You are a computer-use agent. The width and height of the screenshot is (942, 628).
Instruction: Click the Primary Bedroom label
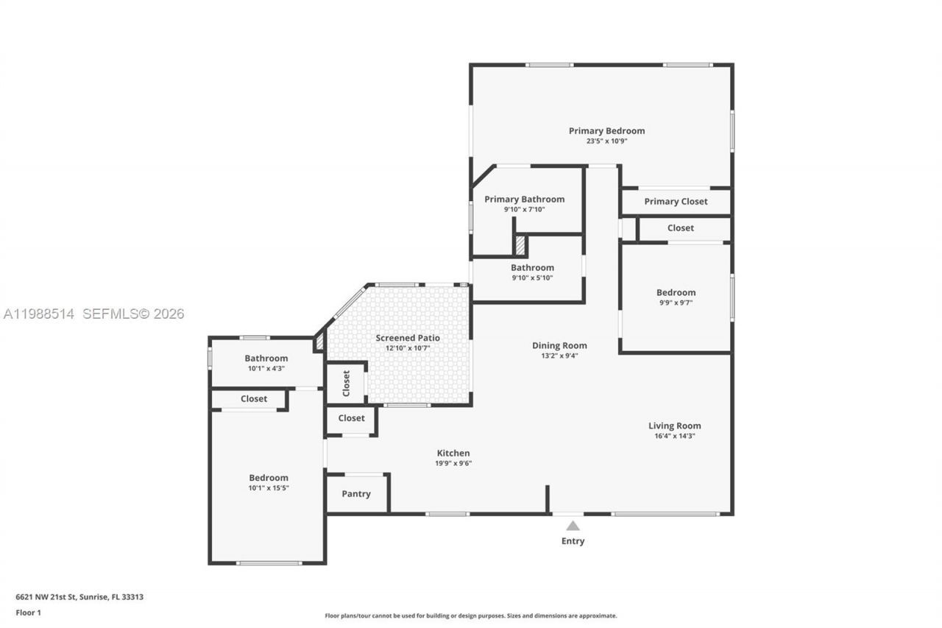click(606, 131)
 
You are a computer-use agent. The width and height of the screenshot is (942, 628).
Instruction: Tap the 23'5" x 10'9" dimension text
click(606, 141)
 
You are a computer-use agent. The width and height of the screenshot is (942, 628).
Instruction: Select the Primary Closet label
click(676, 202)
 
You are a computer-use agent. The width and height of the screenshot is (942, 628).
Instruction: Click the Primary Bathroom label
click(524, 200)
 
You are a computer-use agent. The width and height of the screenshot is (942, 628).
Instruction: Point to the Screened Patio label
click(408, 338)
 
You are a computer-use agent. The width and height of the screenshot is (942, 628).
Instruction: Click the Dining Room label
click(559, 345)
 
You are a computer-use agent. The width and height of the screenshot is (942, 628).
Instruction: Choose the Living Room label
click(674, 426)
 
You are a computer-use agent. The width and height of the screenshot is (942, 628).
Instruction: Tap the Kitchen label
click(453, 454)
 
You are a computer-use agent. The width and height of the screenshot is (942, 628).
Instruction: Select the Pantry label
click(356, 494)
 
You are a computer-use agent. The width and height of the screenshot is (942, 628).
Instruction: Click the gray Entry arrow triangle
click(573, 526)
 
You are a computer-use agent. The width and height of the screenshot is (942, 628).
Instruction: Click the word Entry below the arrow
click(573, 541)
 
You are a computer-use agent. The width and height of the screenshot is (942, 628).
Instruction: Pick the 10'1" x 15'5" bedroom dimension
click(268, 487)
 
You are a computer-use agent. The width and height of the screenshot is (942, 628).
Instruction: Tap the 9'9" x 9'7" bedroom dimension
click(676, 303)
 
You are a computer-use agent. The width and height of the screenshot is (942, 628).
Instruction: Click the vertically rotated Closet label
click(346, 383)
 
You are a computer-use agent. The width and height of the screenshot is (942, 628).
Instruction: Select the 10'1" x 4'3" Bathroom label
click(266, 359)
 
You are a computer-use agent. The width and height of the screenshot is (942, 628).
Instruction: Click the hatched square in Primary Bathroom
click(520, 244)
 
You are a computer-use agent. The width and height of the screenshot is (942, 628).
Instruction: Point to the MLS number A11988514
click(39, 314)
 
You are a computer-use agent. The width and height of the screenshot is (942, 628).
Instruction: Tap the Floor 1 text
click(29, 613)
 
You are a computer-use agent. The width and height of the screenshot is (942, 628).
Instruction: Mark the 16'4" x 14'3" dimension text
click(674, 436)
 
